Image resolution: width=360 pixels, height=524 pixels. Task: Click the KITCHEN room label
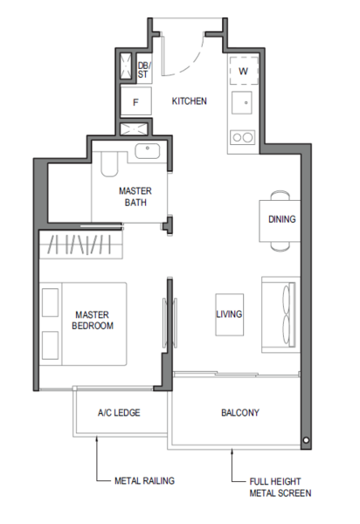(190, 101)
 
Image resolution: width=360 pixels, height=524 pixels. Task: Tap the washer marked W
(244, 71)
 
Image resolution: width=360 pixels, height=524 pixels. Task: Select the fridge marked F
(135, 101)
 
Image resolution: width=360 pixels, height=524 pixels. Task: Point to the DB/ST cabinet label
(145, 70)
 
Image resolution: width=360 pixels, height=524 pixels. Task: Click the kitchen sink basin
(242, 102)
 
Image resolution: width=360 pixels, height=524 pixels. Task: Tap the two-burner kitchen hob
(243, 137)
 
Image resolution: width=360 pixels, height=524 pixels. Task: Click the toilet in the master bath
(109, 164)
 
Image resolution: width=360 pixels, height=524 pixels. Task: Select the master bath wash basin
(148, 151)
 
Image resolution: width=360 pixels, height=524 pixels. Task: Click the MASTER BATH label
(135, 196)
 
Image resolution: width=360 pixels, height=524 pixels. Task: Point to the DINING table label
(281, 219)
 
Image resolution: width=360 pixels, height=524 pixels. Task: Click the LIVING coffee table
(229, 314)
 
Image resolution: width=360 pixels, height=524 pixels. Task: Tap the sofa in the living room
(280, 314)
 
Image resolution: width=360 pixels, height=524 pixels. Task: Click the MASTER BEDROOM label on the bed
(93, 321)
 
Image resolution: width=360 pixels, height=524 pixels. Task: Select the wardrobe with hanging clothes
(81, 245)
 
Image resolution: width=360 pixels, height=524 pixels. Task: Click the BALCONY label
(240, 413)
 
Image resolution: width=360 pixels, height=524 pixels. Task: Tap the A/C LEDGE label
(119, 413)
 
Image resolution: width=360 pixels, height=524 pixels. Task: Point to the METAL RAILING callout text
(144, 480)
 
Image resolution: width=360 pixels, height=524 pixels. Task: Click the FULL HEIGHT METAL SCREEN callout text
(280, 487)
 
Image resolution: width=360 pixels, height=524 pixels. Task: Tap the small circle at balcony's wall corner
(306, 440)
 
